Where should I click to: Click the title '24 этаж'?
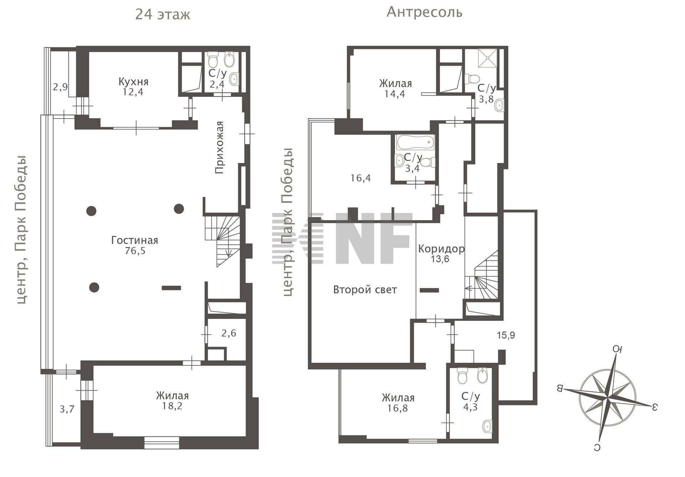pos(163,15)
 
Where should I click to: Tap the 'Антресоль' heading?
pos(425,12)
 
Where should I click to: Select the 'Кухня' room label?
pos(133,82)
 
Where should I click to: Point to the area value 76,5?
pos(135,251)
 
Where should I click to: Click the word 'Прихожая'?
pos(219,147)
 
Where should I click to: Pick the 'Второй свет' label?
pos(365,290)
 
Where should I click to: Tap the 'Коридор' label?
pos(441,249)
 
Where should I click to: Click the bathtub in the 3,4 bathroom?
pos(416,142)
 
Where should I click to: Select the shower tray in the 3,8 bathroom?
pos(487,58)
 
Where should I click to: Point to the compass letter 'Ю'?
pos(618,349)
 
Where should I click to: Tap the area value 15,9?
pos(506,335)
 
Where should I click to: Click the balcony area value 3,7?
pos(67,409)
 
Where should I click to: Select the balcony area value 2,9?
pos(60,87)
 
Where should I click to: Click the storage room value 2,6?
pos(229,333)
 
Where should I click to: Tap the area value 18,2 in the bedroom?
pos(172,406)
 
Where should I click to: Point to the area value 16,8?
pos(397,408)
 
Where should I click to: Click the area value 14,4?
pos(395,94)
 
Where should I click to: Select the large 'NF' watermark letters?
pos(374,238)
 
